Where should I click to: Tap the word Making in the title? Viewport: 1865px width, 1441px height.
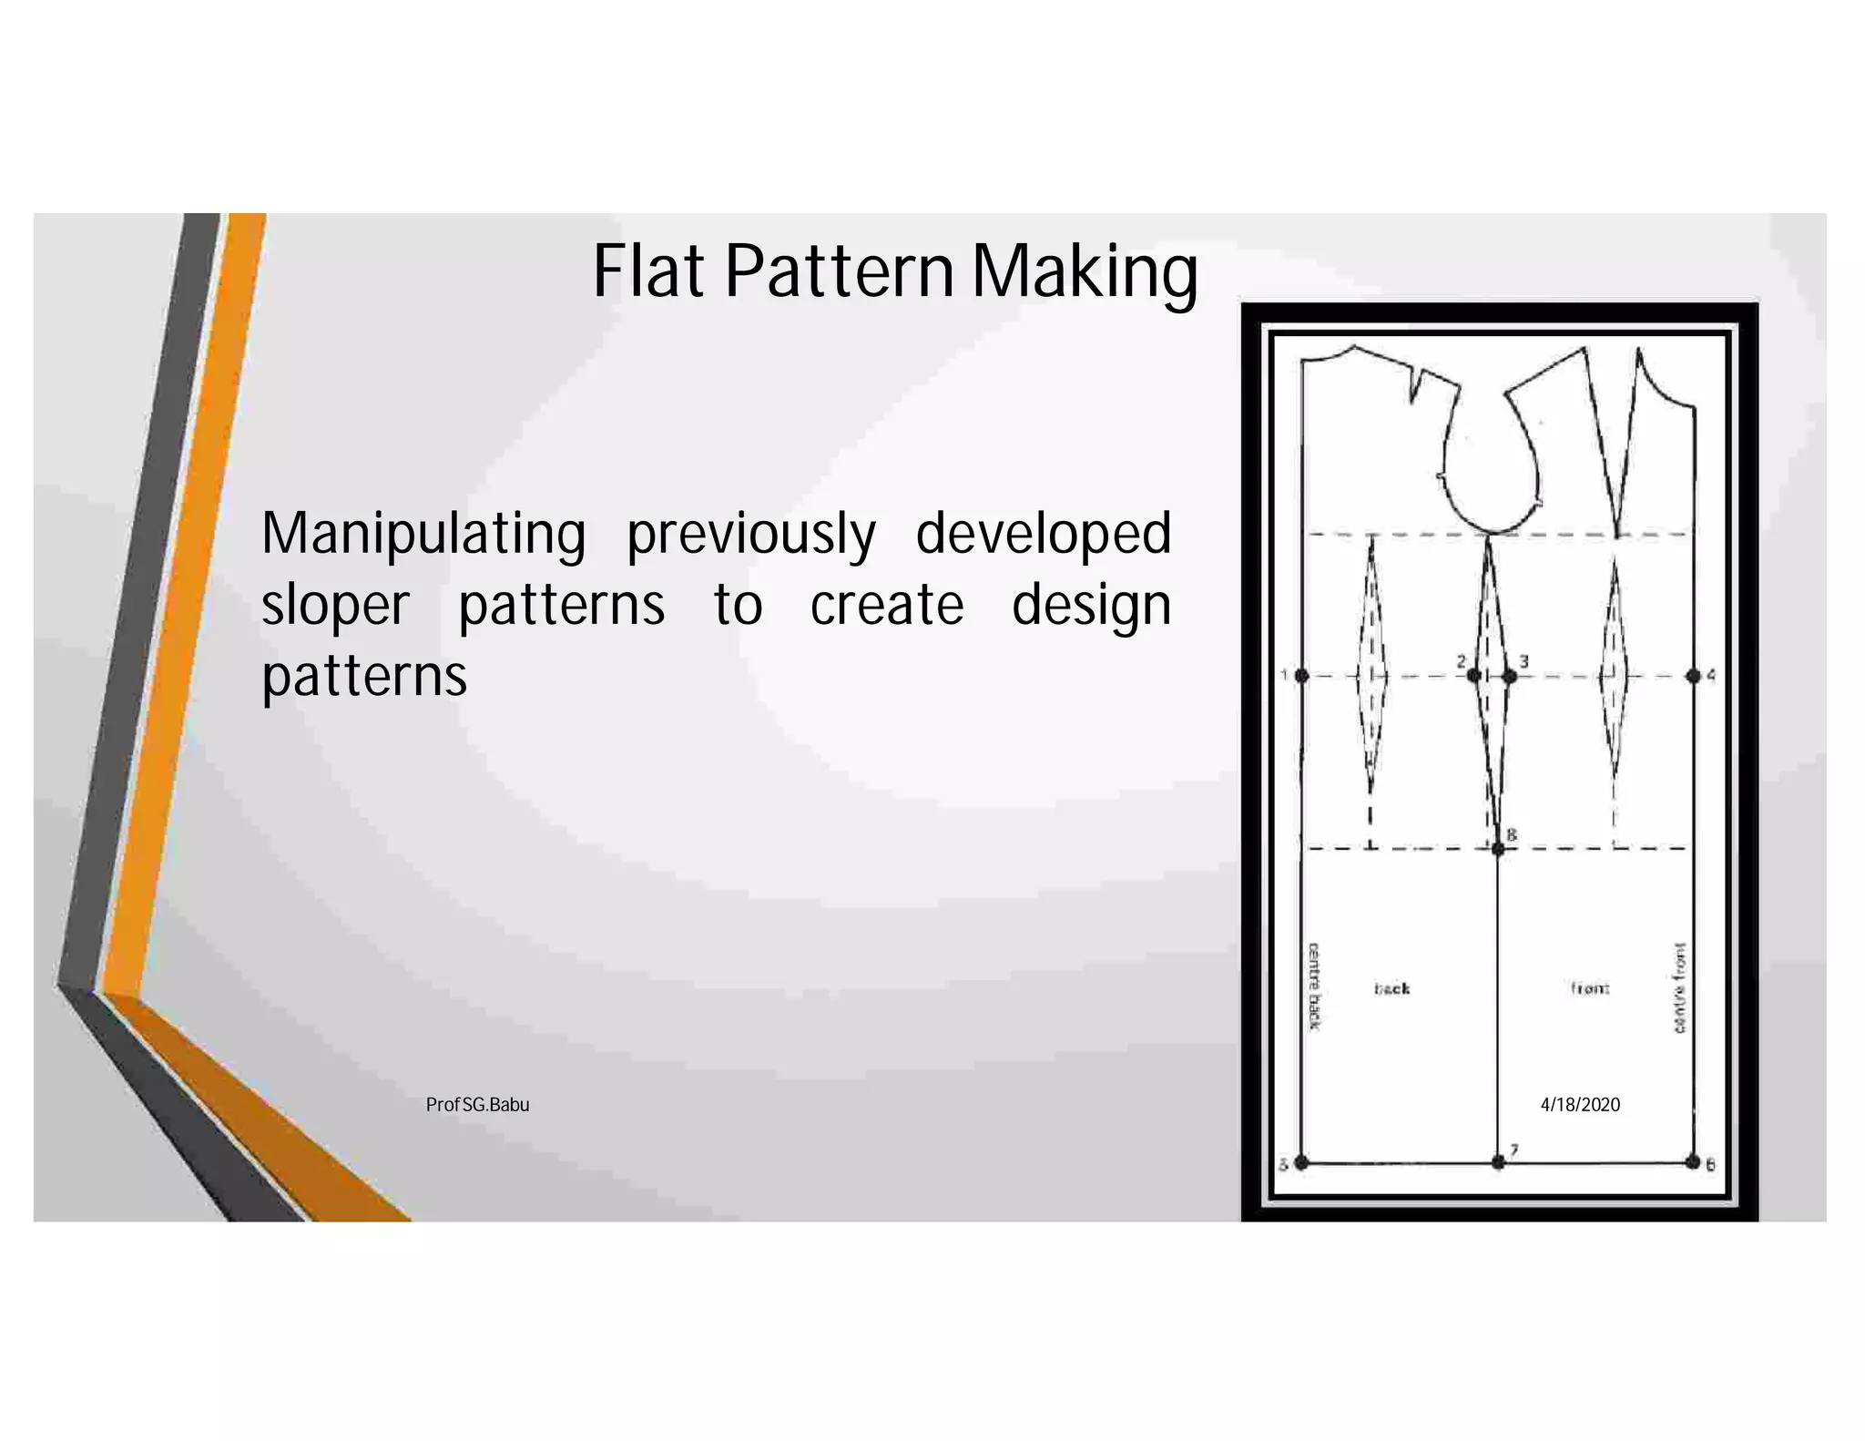pos(1085,273)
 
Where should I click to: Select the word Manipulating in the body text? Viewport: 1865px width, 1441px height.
pos(423,535)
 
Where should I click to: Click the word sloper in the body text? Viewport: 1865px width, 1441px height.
pos(335,607)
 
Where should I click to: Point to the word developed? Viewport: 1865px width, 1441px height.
pos(1043,535)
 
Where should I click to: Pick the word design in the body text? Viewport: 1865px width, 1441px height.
pos(1091,607)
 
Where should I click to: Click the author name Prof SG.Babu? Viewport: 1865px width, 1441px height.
pos(477,1105)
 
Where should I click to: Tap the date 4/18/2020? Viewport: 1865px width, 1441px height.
pos(1580,1105)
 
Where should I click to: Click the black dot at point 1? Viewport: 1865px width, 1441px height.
pos(1301,676)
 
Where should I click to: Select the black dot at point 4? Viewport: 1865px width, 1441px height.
pos(1693,676)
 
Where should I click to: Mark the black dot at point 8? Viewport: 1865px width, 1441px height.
pos(1498,849)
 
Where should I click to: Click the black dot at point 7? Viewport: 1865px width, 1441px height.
pos(1498,1162)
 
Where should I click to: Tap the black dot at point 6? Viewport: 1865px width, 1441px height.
pos(1693,1162)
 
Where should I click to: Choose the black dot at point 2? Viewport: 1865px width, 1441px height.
pos(1473,676)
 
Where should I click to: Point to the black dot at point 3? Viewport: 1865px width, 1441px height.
pos(1509,676)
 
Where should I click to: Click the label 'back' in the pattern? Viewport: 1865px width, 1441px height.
pos(1391,988)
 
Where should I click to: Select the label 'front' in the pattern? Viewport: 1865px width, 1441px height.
pos(1590,988)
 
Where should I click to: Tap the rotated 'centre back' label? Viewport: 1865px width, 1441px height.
pos(1314,986)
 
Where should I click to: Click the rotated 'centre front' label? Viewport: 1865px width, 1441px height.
pos(1679,988)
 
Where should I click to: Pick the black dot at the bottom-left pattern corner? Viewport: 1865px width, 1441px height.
pos(1301,1162)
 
